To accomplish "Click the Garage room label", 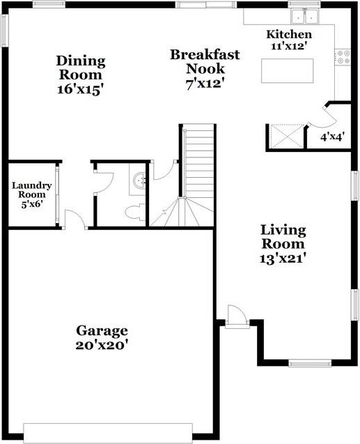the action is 102,330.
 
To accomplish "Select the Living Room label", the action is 283,237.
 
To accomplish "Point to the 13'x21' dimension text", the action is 283,259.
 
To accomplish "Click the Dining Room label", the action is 81,68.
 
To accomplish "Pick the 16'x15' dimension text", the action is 79,89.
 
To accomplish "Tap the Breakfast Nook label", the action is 205,61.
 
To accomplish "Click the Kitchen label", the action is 289,35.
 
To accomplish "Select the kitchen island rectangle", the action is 288,71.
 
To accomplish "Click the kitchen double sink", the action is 304,17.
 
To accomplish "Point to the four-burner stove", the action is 343,57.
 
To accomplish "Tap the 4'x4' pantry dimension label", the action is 331,137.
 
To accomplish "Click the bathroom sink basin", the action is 139,181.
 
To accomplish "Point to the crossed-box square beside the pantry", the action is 286,135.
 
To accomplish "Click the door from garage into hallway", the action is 75,220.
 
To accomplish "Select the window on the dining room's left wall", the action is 4,30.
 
